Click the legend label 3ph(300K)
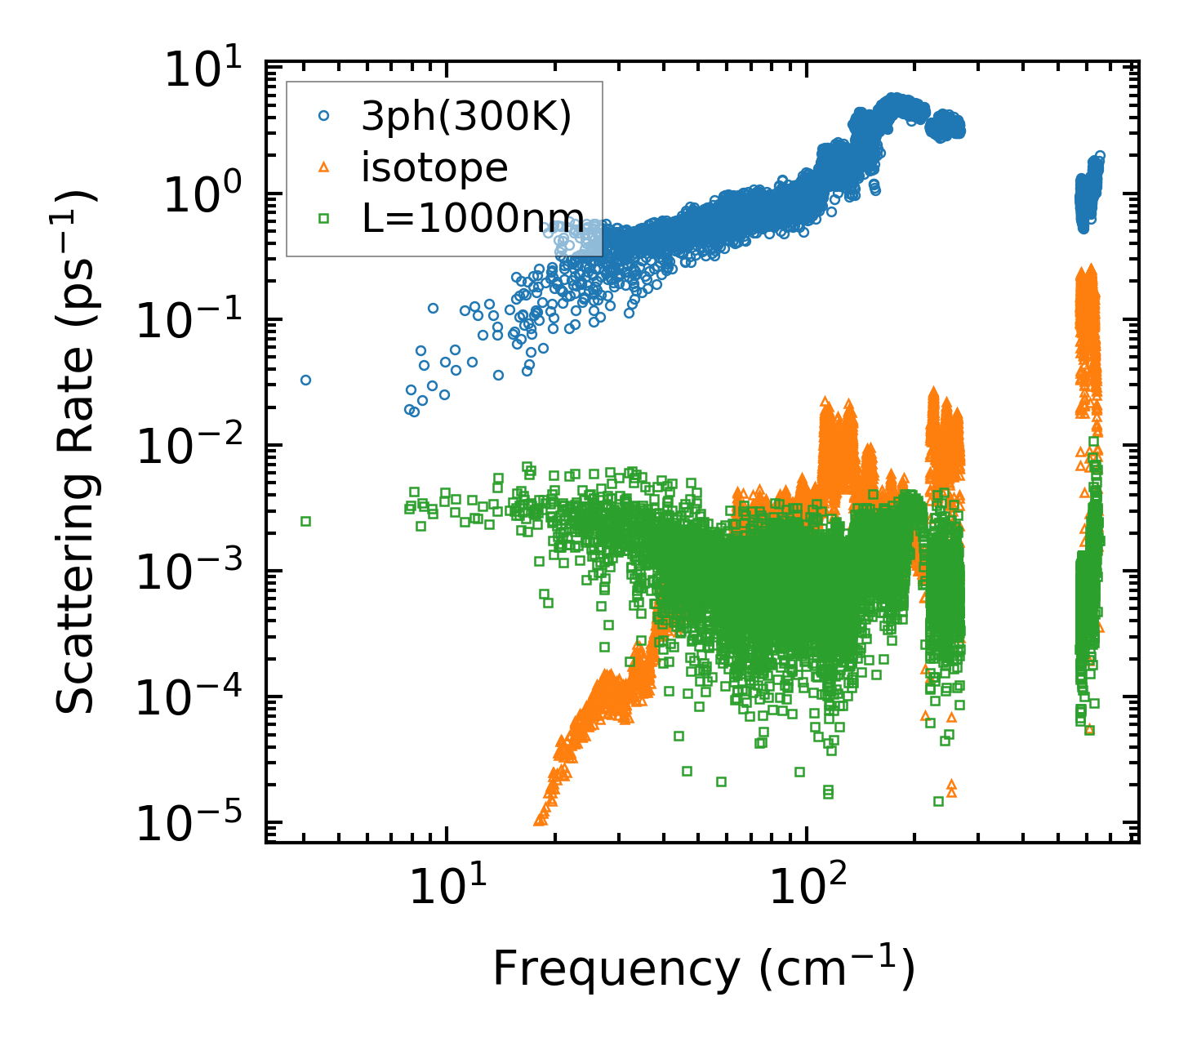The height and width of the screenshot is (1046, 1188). tap(466, 117)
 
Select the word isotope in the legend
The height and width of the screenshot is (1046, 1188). tap(434, 167)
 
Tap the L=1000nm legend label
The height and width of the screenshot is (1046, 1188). tap(473, 218)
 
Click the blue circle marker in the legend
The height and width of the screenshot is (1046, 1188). tap(324, 117)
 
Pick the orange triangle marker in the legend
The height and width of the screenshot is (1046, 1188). tap(324, 167)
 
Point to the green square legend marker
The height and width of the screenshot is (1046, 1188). tap(324, 218)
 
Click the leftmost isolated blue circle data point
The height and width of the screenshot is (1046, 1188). tap(305, 380)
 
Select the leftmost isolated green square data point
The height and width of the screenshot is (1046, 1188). tap(305, 521)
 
